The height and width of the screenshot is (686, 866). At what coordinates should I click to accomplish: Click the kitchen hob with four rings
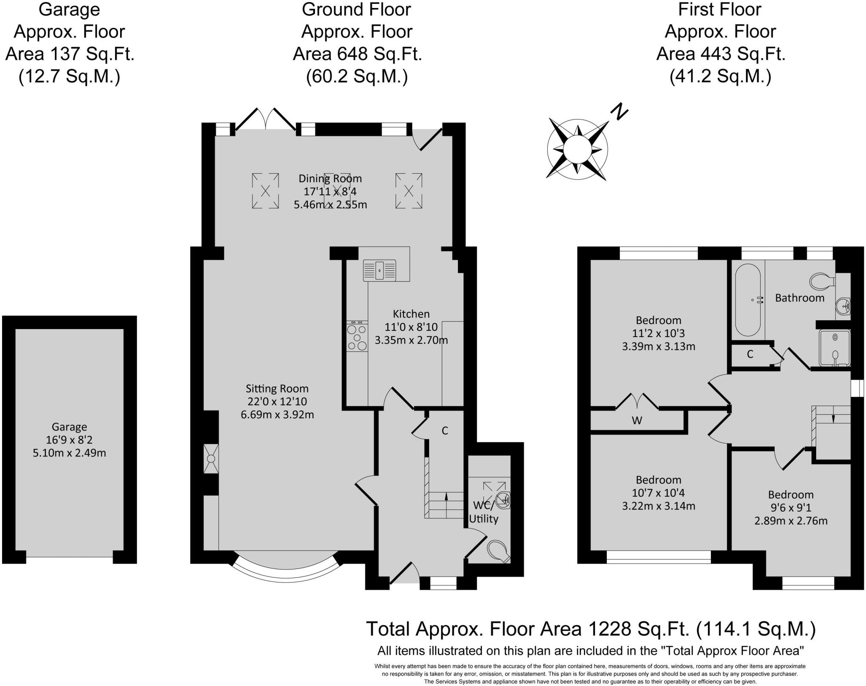click(x=357, y=337)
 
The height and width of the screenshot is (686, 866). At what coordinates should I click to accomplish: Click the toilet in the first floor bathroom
click(x=821, y=281)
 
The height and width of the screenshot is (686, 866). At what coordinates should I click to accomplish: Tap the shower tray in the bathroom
click(x=834, y=348)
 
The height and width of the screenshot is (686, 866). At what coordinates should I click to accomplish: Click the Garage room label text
click(x=69, y=427)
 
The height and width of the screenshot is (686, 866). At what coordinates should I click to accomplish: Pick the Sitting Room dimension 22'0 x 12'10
click(x=277, y=401)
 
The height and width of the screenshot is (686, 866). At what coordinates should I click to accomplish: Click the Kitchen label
click(x=411, y=314)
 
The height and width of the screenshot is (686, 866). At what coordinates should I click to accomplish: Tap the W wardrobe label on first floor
click(x=637, y=420)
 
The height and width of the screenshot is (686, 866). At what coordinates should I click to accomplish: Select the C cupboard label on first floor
click(x=750, y=354)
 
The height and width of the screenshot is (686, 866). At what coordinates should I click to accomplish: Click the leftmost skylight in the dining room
click(x=265, y=191)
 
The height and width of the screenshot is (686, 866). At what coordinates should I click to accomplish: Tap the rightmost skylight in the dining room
click(x=408, y=191)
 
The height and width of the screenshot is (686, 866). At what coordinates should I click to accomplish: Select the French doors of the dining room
click(x=266, y=120)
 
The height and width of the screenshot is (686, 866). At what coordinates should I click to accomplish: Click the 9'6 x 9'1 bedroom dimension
click(x=790, y=507)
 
